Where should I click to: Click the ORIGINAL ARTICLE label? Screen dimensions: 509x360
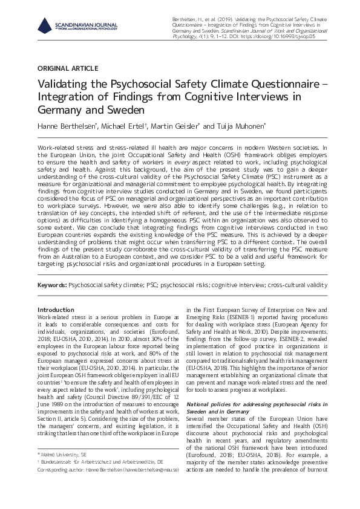click(68, 68)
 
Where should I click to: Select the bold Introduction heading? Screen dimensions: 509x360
click(56, 309)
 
